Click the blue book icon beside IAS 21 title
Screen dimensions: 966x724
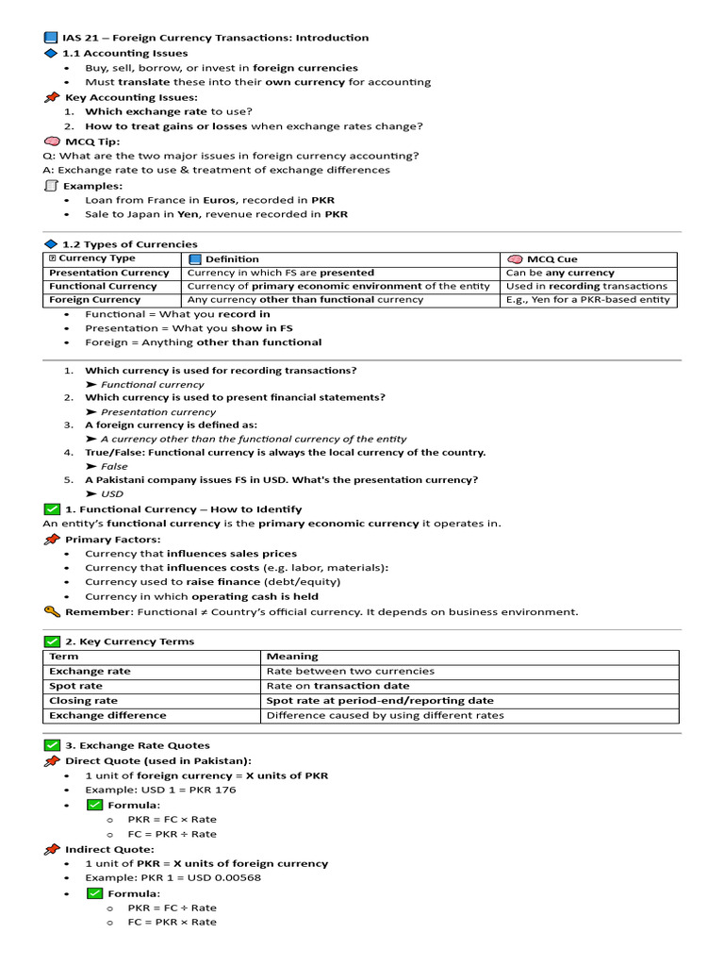point(51,38)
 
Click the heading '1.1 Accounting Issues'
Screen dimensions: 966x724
point(125,53)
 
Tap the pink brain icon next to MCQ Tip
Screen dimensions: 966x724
point(52,142)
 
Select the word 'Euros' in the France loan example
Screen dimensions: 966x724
point(219,200)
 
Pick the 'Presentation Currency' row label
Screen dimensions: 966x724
point(109,273)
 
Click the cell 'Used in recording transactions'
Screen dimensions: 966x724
point(586,286)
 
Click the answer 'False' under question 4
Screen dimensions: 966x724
point(114,466)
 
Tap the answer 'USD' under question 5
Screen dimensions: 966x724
point(112,493)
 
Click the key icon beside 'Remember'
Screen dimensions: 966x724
point(52,611)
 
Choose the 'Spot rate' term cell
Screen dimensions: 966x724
point(76,686)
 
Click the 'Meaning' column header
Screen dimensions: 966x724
point(292,656)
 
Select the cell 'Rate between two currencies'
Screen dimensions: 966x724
point(351,671)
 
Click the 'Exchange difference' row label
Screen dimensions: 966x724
point(107,715)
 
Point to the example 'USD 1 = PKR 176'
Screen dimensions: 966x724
point(160,790)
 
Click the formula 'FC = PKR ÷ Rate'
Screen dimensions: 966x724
point(172,834)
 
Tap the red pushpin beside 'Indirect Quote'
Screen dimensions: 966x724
point(52,849)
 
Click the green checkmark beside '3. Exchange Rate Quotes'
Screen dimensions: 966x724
point(52,745)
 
